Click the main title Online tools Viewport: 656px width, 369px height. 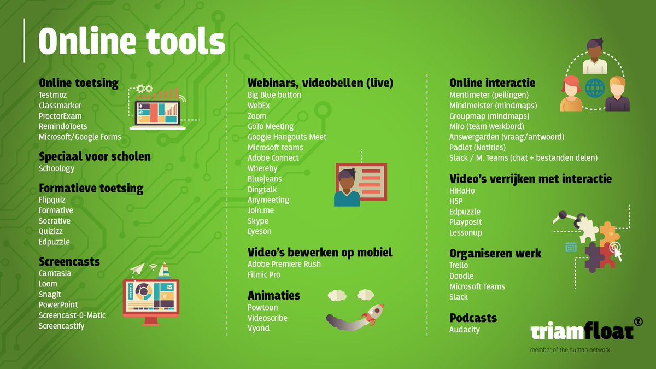pyautogui.click(x=132, y=41)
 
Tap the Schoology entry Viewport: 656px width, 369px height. pyautogui.click(x=56, y=169)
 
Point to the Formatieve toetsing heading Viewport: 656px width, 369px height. pyautogui.click(x=91, y=189)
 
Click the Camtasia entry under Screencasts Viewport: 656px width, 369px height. pyautogui.click(x=55, y=274)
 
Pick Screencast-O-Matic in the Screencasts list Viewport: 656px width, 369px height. pyautogui.click(x=72, y=315)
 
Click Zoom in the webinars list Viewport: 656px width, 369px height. pyautogui.click(x=257, y=116)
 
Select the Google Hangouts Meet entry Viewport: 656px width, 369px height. pyautogui.click(x=287, y=137)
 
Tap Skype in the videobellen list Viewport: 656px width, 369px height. pyautogui.click(x=258, y=221)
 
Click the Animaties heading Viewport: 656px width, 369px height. pyautogui.click(x=274, y=296)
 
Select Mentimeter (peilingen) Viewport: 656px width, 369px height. pyautogui.click(x=489, y=95)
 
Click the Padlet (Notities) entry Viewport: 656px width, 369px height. pyautogui.click(x=477, y=148)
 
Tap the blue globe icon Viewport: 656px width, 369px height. pyautogui.click(x=594, y=87)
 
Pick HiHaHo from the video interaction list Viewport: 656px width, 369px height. pyautogui.click(x=462, y=191)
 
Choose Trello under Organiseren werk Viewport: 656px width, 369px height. pyautogui.click(x=459, y=266)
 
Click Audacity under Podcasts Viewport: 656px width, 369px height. pyautogui.click(x=465, y=330)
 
